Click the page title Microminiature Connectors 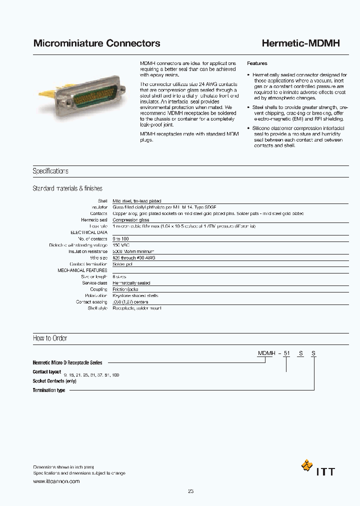tap(96, 43)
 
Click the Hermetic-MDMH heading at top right tap(300, 43)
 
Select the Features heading tap(257, 63)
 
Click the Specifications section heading tap(50, 171)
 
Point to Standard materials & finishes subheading tap(67, 188)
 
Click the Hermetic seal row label tap(94, 220)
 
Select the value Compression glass tap(130, 220)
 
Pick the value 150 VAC tap(121, 245)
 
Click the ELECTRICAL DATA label tap(89, 232)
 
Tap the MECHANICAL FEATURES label tap(82, 270)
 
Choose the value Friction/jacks tap(125, 289)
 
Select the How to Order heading tap(50, 338)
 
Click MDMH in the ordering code tap(266, 353)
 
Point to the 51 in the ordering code tap(286, 353)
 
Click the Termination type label tap(49, 390)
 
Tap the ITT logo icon tap(306, 465)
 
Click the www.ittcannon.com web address tap(56, 481)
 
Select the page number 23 tap(190, 491)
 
